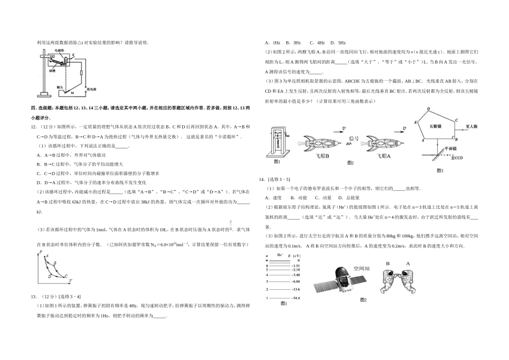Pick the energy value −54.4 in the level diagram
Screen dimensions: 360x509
point(295,297)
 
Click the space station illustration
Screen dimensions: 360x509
point(337,281)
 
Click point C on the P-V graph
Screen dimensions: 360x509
point(66,276)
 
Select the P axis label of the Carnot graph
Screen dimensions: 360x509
point(40,252)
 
